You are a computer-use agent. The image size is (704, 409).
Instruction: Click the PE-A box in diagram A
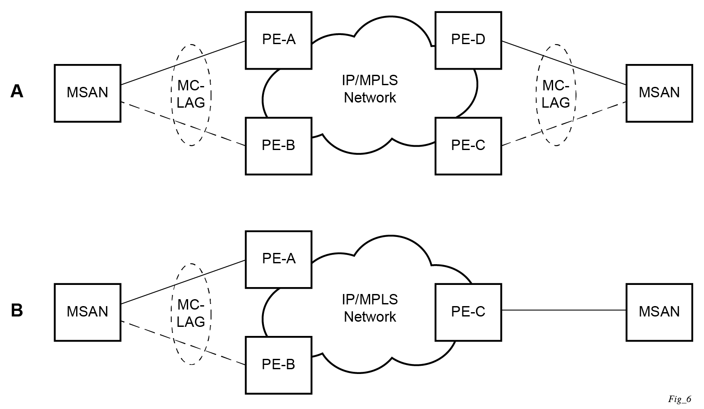click(x=278, y=40)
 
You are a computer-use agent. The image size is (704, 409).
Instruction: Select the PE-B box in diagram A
click(x=278, y=146)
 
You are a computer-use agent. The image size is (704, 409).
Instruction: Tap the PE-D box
click(x=468, y=40)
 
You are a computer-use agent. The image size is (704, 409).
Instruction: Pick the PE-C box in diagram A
click(x=468, y=146)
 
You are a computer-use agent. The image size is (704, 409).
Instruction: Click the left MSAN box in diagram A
click(x=87, y=93)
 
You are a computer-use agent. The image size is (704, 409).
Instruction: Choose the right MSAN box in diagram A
click(x=659, y=93)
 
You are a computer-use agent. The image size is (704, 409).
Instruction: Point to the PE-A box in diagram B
click(x=278, y=259)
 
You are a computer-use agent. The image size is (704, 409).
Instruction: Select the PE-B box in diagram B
click(x=278, y=365)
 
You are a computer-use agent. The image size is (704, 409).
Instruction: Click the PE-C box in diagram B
click(x=468, y=312)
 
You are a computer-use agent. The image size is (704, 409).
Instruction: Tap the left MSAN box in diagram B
click(x=87, y=312)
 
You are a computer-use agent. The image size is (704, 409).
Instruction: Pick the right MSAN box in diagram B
click(x=659, y=312)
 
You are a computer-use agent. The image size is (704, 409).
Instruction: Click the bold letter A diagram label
click(x=17, y=91)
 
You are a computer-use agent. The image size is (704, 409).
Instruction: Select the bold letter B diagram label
click(x=17, y=310)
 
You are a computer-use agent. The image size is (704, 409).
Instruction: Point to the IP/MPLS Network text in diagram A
click(x=370, y=89)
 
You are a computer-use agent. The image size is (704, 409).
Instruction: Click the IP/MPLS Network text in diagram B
click(x=370, y=308)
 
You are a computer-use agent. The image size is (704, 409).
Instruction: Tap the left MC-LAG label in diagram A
click(x=191, y=94)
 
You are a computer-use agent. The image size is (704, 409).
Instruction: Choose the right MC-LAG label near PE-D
click(x=556, y=94)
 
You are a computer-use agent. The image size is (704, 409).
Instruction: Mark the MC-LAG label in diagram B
click(x=191, y=313)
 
